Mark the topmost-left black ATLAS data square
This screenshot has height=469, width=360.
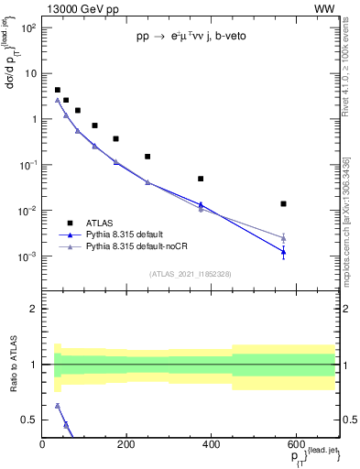(58, 91)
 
